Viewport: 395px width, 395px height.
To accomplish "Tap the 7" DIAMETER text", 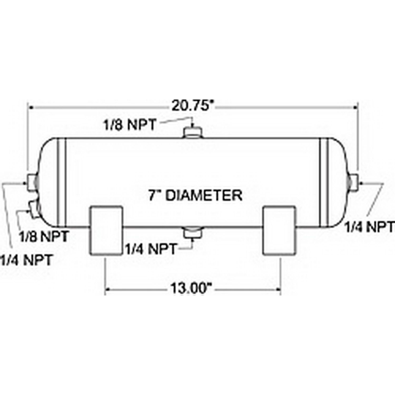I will pyautogui.click(x=195, y=195).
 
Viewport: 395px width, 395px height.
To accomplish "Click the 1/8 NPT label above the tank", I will pyautogui.click(x=130, y=125).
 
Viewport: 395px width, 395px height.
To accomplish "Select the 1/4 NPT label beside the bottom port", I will pyautogui.click(x=151, y=249).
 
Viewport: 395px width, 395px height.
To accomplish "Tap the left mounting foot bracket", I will pyautogui.click(x=106, y=230).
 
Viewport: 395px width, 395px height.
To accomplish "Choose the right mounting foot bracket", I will pyautogui.click(x=280, y=230).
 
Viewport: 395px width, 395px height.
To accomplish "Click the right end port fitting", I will pyautogui.click(x=353, y=182).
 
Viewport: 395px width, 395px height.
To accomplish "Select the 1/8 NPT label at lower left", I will pyautogui.click(x=43, y=236).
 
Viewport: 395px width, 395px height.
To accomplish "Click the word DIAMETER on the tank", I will pyautogui.click(x=204, y=195).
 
